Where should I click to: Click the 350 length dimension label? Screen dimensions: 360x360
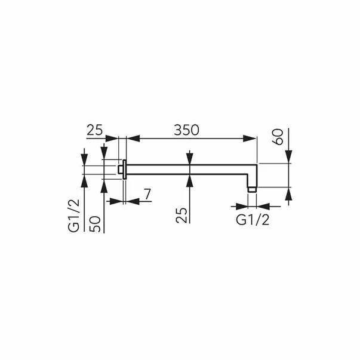pyautogui.click(x=186, y=130)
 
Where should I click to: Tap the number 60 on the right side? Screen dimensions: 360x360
pyautogui.click(x=278, y=137)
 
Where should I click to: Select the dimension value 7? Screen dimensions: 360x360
pyautogui.click(x=147, y=194)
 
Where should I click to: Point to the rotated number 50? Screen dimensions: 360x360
pyautogui.click(x=95, y=224)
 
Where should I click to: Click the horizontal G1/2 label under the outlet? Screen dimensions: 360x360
pyautogui.click(x=253, y=220)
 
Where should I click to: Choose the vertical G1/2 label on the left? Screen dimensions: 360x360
pyautogui.click(x=73, y=216)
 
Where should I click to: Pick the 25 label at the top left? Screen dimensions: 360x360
pyautogui.click(x=94, y=130)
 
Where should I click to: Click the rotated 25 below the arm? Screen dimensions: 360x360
pyautogui.click(x=181, y=215)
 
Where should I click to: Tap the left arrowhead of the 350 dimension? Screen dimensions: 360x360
pyautogui.click(x=133, y=139)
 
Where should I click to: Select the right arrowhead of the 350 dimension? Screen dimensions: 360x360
pyautogui.click(x=250, y=139)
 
